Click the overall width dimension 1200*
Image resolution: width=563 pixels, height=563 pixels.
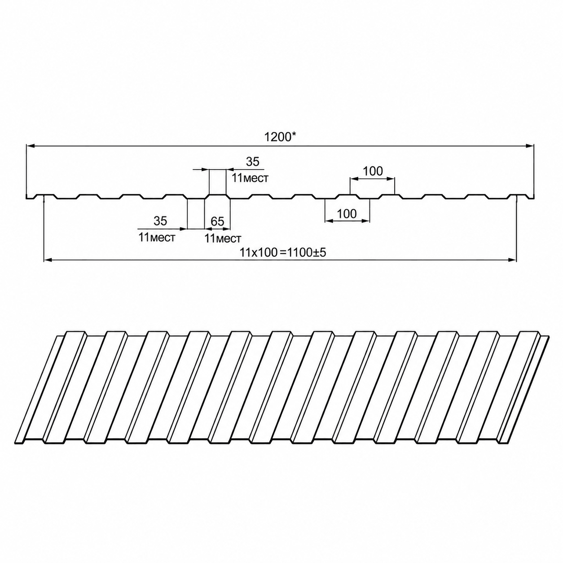280,137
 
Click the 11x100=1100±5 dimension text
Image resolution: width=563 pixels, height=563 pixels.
282,252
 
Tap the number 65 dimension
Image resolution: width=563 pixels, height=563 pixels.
217,221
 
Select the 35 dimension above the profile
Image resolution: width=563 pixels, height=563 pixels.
252,161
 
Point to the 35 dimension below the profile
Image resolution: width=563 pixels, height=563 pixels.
160,221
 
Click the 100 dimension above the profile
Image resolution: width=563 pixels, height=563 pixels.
373,171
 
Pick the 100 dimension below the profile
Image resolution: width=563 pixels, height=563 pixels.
347,214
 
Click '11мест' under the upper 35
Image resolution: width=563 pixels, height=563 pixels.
250,178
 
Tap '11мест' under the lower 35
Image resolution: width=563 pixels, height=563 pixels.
157,238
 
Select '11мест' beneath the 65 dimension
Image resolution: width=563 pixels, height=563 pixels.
223,238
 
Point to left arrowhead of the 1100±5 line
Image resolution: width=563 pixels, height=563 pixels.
48,260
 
